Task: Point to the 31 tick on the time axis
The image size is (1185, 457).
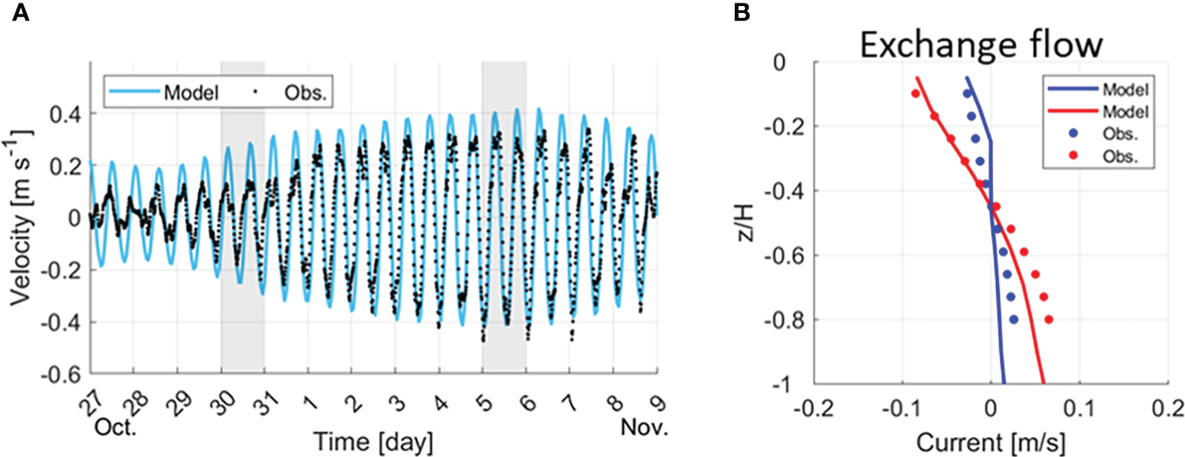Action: (262, 395)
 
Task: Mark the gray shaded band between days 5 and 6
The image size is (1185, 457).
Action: (503, 216)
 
